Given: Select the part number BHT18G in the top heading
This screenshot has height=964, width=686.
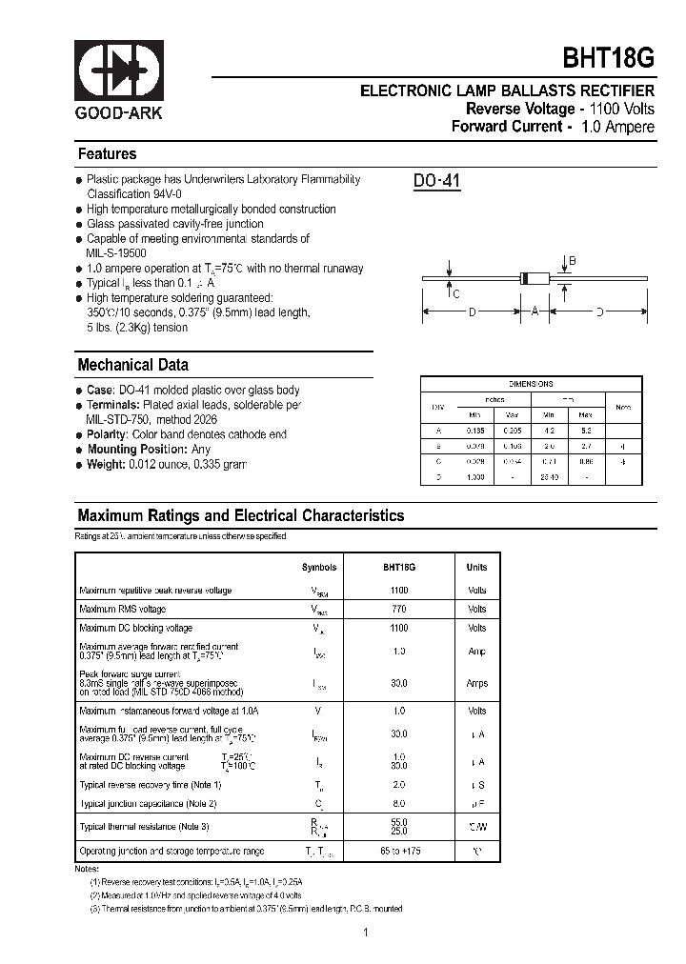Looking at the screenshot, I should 609,58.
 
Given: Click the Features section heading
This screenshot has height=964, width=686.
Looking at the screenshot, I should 107,153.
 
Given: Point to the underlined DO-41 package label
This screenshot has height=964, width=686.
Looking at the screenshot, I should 437,180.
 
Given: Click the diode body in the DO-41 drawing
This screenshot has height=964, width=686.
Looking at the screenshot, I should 535,278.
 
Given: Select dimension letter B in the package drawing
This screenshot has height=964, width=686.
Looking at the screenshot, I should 572,260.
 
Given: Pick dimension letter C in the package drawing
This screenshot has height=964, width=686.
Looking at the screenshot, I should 456,294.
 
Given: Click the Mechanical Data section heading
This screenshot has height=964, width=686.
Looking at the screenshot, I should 132,365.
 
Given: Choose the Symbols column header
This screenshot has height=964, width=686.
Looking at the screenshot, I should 319,567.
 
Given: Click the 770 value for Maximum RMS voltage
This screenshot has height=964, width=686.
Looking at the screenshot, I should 398,609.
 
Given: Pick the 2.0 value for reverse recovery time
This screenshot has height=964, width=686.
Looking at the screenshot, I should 398,785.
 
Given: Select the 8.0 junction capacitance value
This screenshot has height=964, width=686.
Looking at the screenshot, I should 398,804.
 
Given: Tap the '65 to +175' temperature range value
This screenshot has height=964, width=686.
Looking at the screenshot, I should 398,851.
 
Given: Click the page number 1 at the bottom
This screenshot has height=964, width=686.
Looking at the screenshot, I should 365,933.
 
